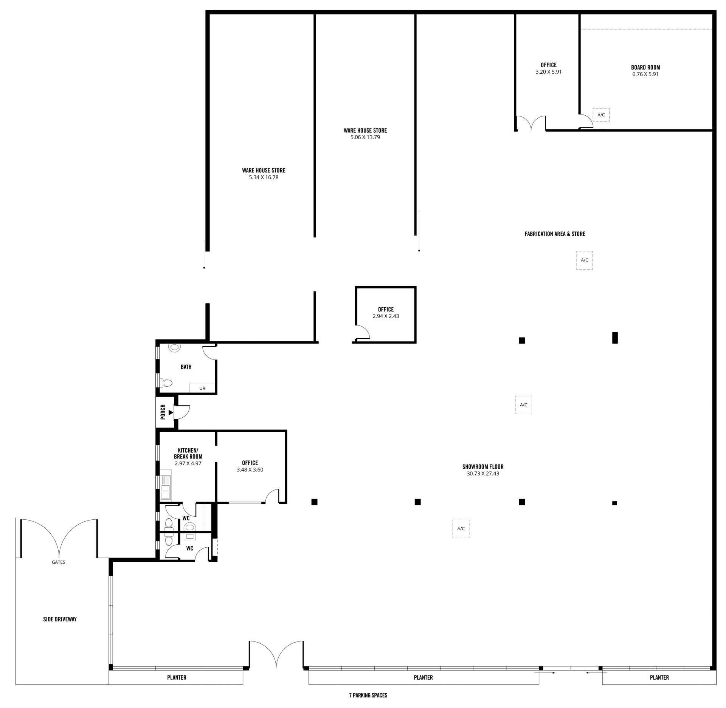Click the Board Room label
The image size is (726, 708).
645,68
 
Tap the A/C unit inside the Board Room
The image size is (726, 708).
601,115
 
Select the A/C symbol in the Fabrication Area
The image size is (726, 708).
584,260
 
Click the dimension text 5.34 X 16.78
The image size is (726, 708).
264,177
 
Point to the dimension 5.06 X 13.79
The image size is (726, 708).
365,137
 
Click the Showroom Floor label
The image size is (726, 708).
483,467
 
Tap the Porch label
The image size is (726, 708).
163,412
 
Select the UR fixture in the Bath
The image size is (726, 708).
202,388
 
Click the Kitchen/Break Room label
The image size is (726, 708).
188,453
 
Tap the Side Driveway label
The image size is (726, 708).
60,619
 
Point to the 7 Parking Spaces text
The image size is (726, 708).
368,695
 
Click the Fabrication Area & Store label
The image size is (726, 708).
555,234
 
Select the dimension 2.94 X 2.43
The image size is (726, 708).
386,316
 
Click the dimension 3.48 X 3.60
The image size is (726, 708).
250,470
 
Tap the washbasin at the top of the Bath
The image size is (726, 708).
174,347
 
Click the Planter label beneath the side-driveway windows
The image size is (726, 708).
177,677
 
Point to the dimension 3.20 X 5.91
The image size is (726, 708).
548,71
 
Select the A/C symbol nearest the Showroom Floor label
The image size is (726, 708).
523,405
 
